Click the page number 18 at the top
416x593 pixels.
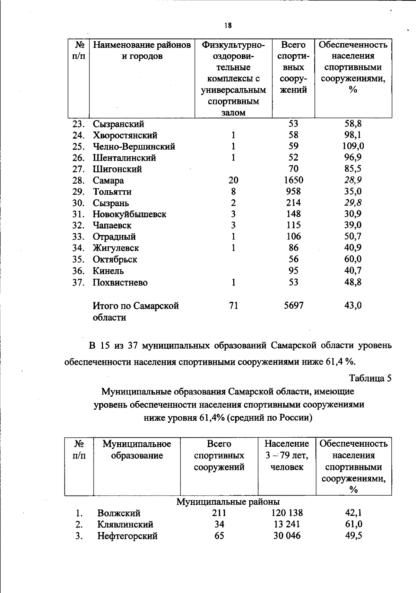(x=228, y=25)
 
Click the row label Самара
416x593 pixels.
(x=108, y=181)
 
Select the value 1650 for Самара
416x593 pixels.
(x=293, y=180)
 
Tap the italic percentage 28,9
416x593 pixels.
(x=353, y=180)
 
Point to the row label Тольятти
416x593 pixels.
(x=112, y=192)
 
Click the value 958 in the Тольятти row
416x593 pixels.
(x=293, y=191)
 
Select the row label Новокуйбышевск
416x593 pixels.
(x=129, y=214)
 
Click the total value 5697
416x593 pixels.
(x=293, y=305)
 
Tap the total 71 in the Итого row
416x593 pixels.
(x=233, y=305)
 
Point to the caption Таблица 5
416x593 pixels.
(x=370, y=378)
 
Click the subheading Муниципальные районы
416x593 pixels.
(x=228, y=502)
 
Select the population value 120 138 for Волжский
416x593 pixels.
(x=287, y=513)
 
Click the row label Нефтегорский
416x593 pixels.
(x=127, y=536)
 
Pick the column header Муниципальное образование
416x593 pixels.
(x=137, y=450)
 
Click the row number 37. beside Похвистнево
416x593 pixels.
(x=78, y=282)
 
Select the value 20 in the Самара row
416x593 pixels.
(x=233, y=180)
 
